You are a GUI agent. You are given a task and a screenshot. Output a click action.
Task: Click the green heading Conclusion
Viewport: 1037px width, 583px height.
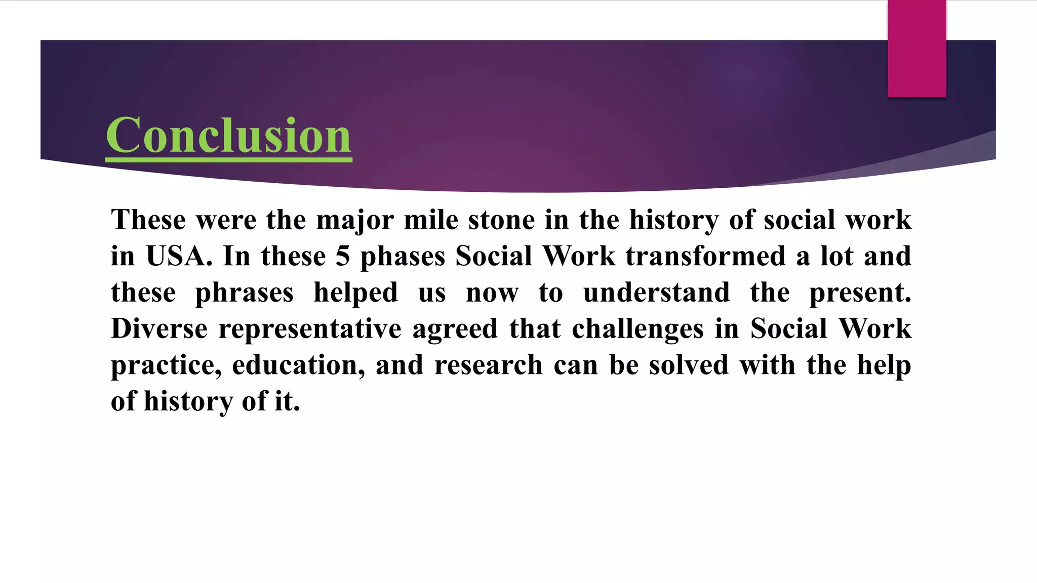click(x=228, y=135)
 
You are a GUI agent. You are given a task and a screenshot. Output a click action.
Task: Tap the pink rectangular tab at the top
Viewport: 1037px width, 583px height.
click(x=916, y=49)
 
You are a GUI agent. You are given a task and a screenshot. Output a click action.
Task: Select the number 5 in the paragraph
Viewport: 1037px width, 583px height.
click(x=343, y=256)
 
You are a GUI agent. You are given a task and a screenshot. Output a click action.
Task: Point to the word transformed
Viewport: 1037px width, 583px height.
click(x=705, y=256)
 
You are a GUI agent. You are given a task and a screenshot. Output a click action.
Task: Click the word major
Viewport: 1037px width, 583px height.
click(x=355, y=221)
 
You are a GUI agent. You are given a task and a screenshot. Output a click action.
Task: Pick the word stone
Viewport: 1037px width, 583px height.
click(x=501, y=220)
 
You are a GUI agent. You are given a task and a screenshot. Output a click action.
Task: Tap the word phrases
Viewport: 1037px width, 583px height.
click(x=244, y=293)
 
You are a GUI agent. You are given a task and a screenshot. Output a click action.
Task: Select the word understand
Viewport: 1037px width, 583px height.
click(x=656, y=293)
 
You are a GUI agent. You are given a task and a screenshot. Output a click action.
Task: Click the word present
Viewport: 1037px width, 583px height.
click(x=860, y=293)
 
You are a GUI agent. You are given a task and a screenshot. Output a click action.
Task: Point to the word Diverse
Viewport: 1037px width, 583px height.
click(x=159, y=328)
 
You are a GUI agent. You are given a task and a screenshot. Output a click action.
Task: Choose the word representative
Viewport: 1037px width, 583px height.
click(x=310, y=329)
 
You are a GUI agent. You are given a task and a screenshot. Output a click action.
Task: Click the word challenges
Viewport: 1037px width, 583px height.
click(x=637, y=329)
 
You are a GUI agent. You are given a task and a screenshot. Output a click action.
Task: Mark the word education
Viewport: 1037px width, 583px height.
click(x=298, y=365)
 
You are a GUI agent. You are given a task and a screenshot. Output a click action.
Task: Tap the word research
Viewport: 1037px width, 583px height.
click(x=488, y=365)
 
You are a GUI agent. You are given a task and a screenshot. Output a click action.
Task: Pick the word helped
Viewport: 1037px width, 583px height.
click(x=355, y=294)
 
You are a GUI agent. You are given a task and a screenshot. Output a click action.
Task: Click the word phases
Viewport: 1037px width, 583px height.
click(x=403, y=257)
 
